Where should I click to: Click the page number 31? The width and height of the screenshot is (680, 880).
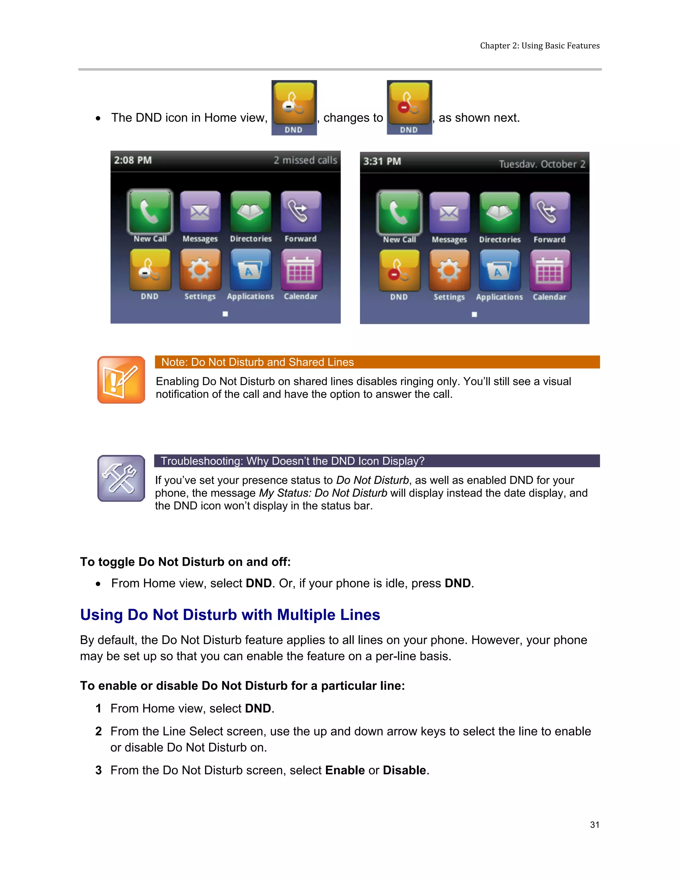pos(594,825)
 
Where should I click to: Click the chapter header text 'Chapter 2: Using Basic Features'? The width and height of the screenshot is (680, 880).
pos(540,45)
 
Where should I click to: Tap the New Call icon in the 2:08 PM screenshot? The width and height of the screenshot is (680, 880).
pos(150,212)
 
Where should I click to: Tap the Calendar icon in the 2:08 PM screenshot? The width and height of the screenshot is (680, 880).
pos(301,270)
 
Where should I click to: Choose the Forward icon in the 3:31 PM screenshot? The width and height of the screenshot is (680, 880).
pos(550,213)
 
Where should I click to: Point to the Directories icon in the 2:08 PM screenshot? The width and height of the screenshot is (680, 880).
pos(251,212)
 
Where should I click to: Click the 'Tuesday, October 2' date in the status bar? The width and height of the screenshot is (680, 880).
pos(542,164)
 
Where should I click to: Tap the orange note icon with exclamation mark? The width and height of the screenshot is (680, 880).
pos(121,380)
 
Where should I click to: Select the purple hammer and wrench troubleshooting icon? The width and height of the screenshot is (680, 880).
pos(121,478)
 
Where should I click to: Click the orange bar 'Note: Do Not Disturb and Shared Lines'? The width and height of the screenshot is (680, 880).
pos(377,362)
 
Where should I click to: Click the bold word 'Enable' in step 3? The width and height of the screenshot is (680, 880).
pos(345,770)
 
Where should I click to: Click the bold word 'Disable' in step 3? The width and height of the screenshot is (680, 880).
pos(404,770)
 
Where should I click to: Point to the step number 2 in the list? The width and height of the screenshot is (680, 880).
pos(99,731)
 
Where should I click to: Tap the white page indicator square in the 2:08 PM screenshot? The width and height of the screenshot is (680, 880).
pos(225,314)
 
